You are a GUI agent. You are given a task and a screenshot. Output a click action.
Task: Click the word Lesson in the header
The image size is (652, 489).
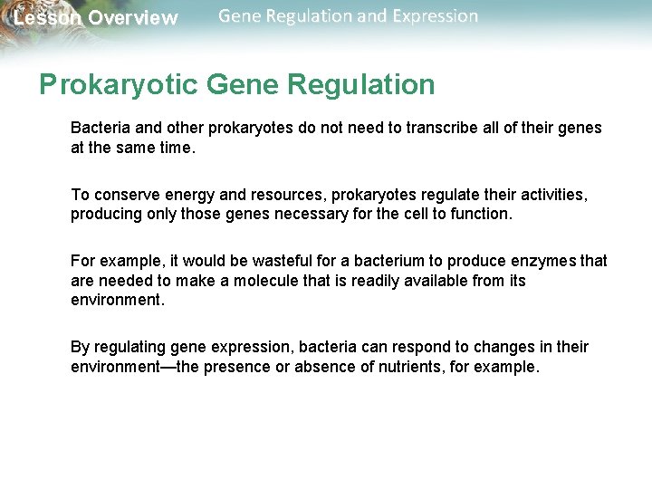[x=46, y=18]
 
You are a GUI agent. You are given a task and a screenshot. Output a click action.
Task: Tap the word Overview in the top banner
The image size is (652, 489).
[x=133, y=18]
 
